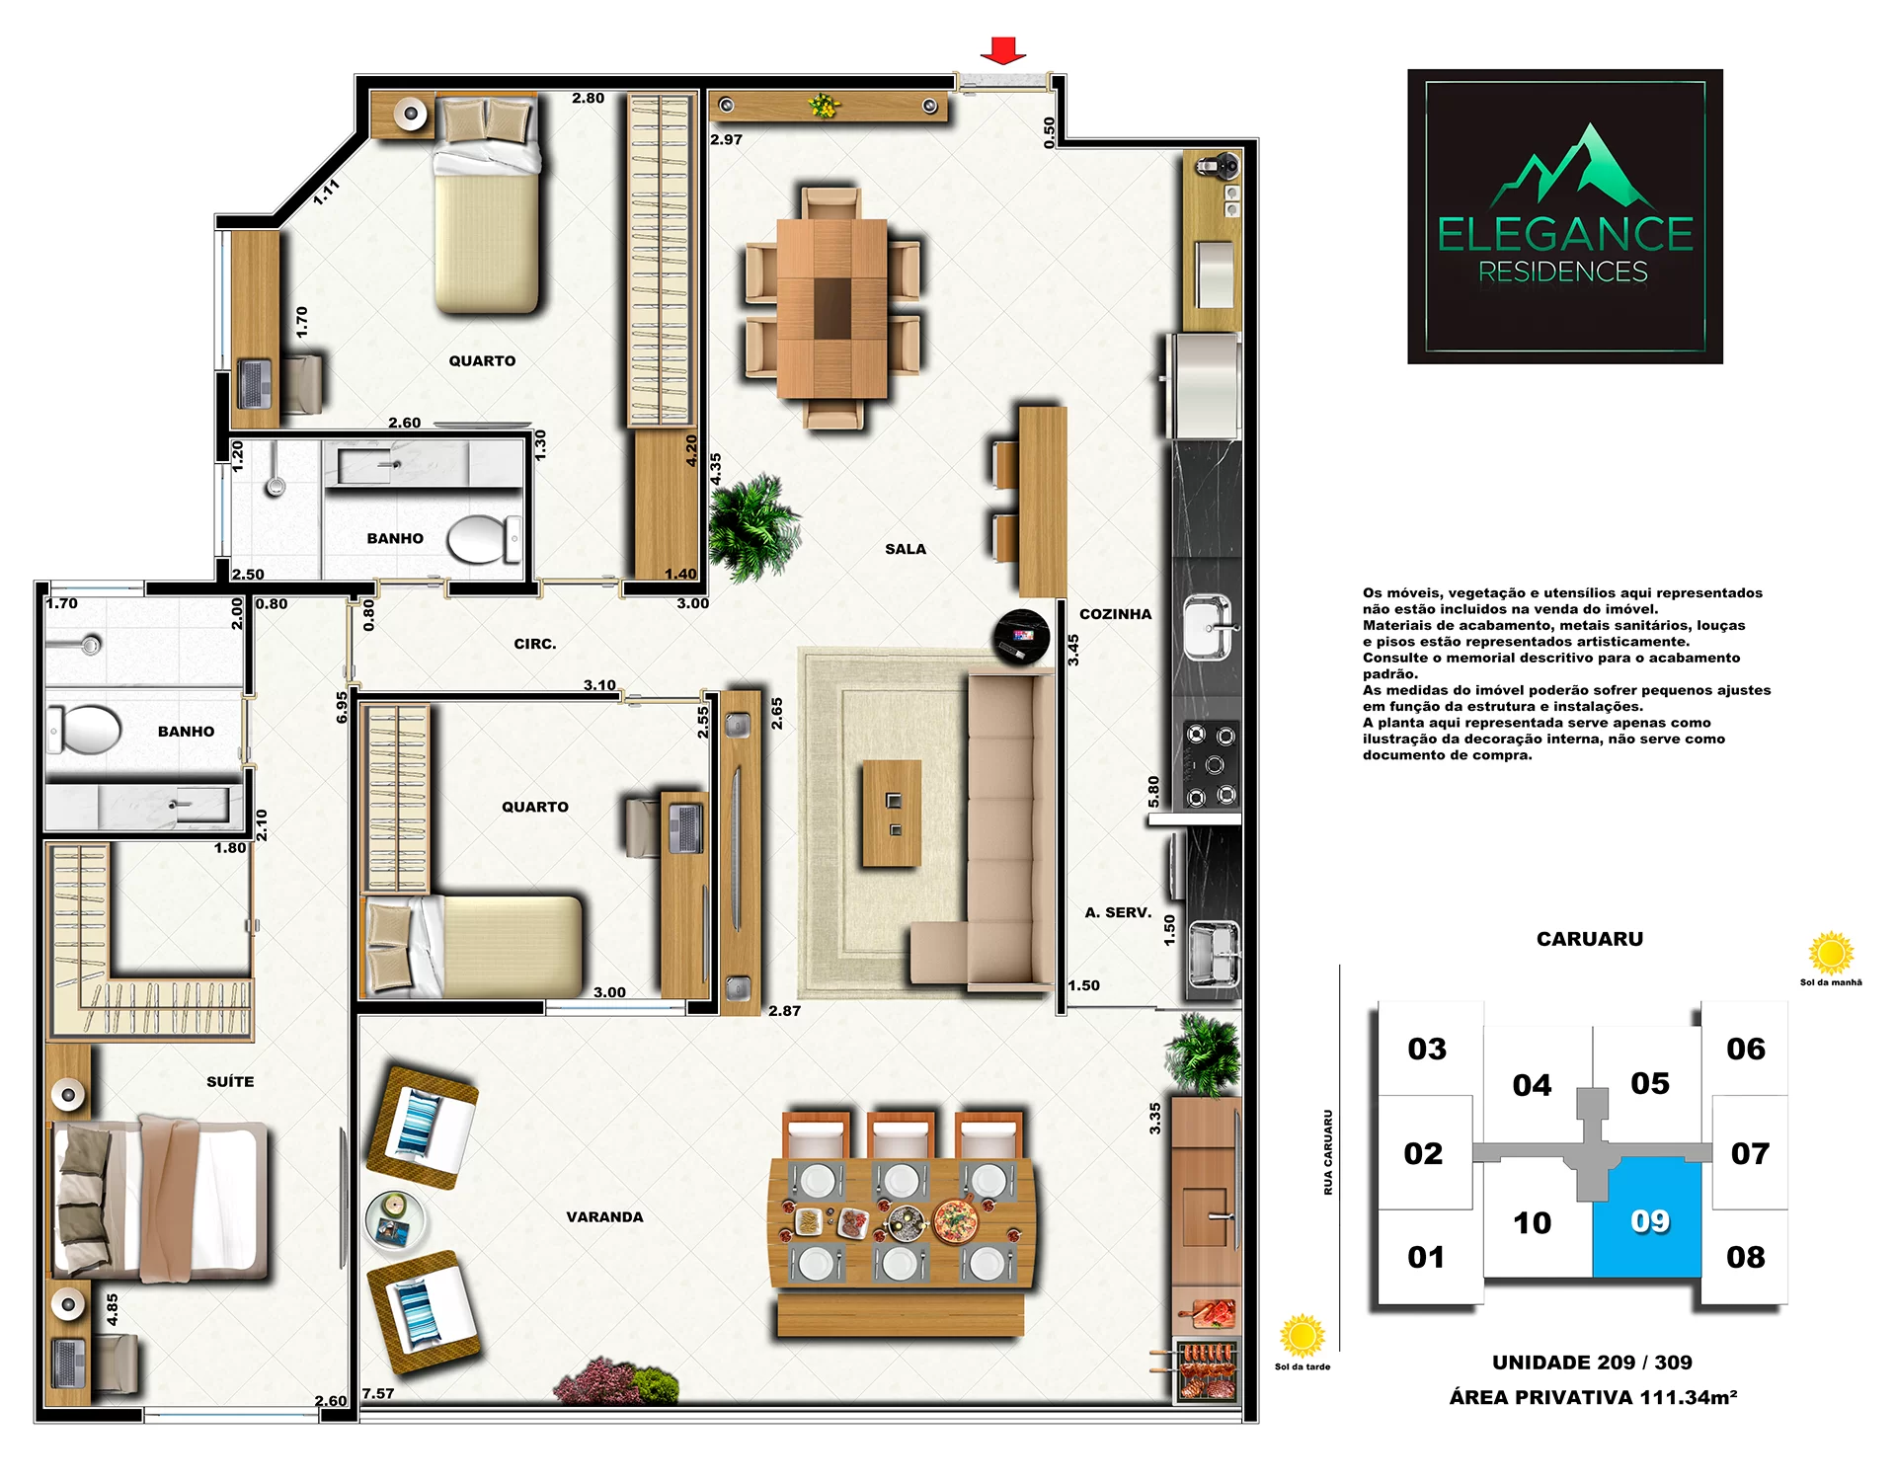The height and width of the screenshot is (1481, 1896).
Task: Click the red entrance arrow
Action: click(x=1003, y=50)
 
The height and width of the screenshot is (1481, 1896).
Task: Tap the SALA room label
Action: click(x=906, y=549)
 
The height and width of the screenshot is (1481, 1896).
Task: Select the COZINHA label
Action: click(x=1115, y=614)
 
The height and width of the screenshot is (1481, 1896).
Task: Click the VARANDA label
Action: click(x=604, y=1217)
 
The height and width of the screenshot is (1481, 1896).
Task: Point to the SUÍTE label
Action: click(x=230, y=1081)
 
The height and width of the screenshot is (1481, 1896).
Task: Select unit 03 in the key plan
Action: click(x=1427, y=1049)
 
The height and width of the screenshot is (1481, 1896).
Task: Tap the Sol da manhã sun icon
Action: click(x=1831, y=954)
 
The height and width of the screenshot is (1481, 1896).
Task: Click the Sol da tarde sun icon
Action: click(x=1302, y=1337)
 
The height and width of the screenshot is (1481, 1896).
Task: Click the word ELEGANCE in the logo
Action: click(x=1565, y=235)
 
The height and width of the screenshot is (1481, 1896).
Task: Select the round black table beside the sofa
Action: click(x=1021, y=637)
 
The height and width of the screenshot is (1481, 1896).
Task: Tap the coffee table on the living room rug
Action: click(x=892, y=814)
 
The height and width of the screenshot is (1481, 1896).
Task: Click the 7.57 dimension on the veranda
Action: click(x=377, y=1393)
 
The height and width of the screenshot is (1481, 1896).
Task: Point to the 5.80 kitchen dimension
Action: click(x=1153, y=791)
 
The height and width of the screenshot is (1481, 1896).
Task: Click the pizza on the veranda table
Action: click(x=956, y=1222)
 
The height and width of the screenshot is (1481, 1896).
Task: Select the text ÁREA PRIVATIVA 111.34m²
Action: click(x=1593, y=1397)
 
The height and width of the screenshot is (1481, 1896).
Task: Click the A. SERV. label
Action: click(x=1118, y=912)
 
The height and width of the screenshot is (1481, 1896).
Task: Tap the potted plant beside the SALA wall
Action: click(x=752, y=527)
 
